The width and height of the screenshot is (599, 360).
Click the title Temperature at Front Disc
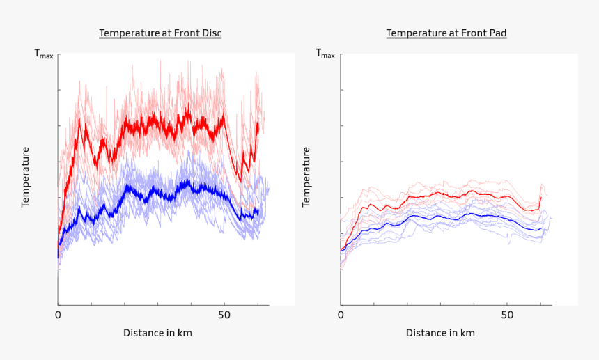tap(160, 33)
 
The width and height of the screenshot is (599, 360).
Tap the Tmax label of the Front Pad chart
tap(325, 54)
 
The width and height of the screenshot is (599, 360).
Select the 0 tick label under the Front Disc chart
tap(59, 315)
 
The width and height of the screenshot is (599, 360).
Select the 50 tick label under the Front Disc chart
tap(224, 315)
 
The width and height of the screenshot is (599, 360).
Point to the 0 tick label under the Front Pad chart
tap(341, 315)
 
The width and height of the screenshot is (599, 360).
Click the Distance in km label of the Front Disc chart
tap(157, 333)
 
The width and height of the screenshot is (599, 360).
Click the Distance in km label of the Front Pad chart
tap(440, 333)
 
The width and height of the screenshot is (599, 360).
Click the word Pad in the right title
tap(497, 33)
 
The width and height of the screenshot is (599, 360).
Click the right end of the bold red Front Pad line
tap(541, 198)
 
